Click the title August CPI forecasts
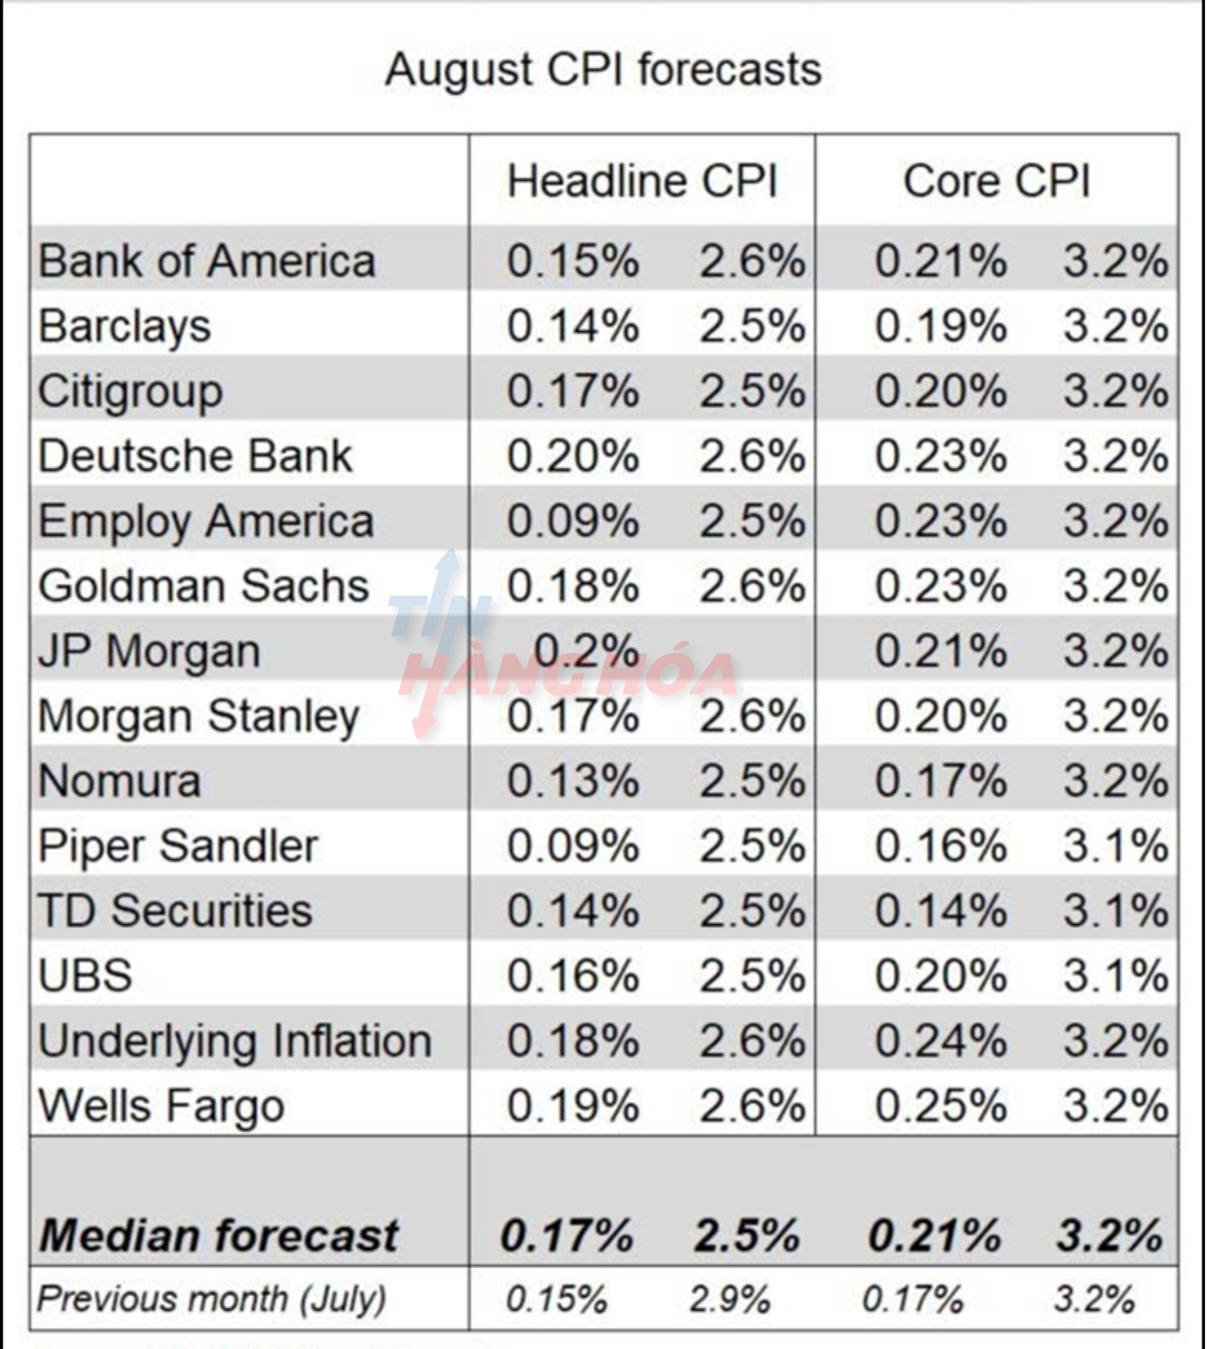point(603,70)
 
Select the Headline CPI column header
point(642,182)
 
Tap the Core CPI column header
point(996,182)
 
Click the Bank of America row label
point(206,261)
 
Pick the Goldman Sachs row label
point(204,586)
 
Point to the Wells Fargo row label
point(161,1106)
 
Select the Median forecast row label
point(218,1236)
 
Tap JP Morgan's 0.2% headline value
point(586,652)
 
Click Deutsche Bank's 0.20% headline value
point(572,456)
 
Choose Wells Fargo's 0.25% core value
point(940,1106)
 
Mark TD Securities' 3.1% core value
point(1115,911)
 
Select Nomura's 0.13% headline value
point(572,782)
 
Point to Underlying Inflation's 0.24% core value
point(940,1041)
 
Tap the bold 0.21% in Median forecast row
point(935,1236)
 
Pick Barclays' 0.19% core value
point(940,327)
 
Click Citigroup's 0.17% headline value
point(572,392)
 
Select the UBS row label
point(85,976)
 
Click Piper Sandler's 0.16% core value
point(940,846)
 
